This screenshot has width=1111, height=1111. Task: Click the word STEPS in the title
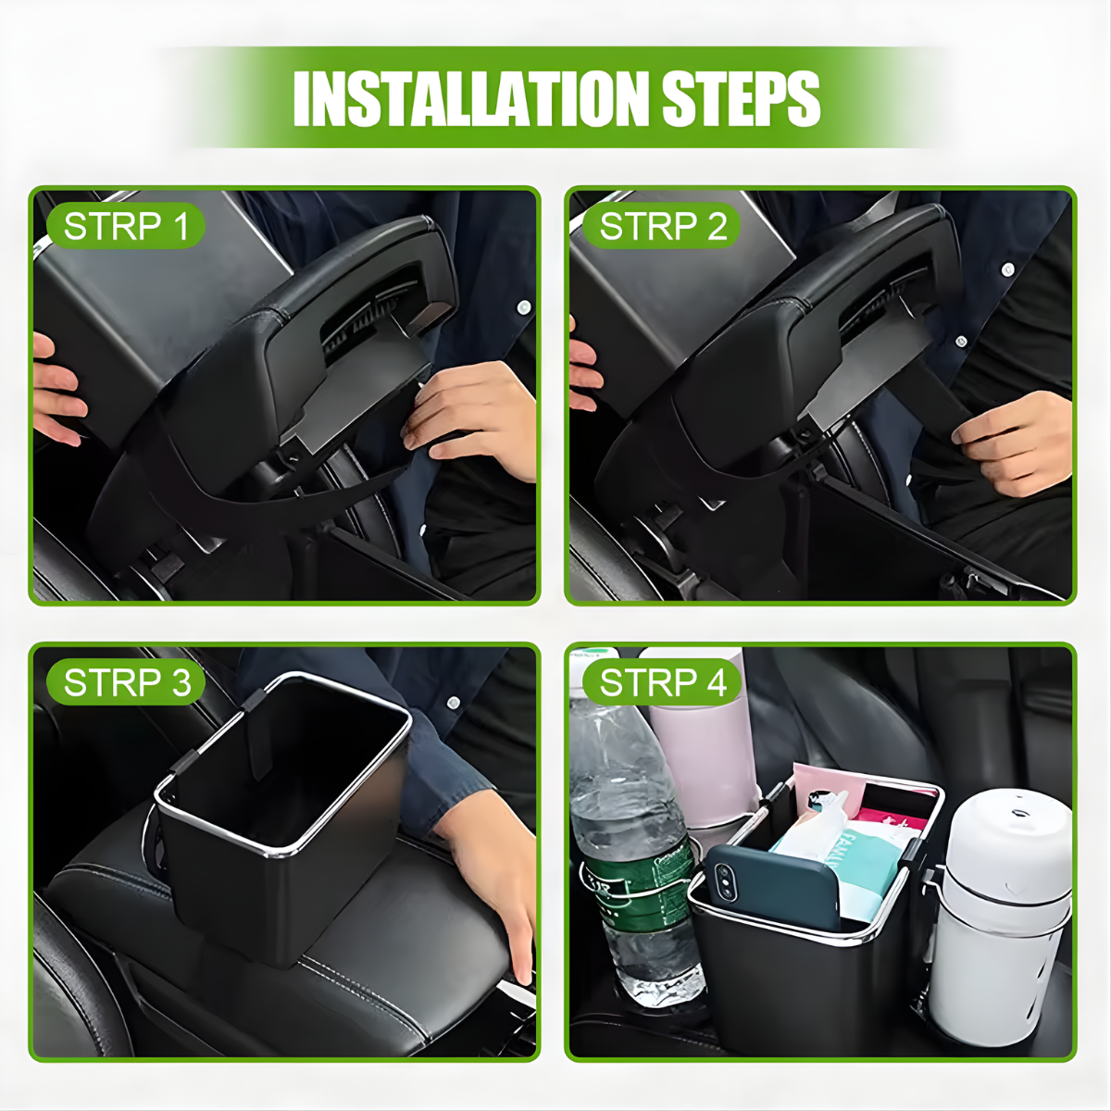tap(741, 97)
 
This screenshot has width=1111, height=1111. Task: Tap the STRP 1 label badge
tap(126, 227)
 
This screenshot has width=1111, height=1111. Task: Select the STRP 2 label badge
tap(663, 227)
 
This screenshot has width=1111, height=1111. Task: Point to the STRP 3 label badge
tap(126, 683)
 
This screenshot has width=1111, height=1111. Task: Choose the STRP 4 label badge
tap(663, 683)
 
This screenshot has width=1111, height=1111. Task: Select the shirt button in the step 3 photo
tap(453, 703)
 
